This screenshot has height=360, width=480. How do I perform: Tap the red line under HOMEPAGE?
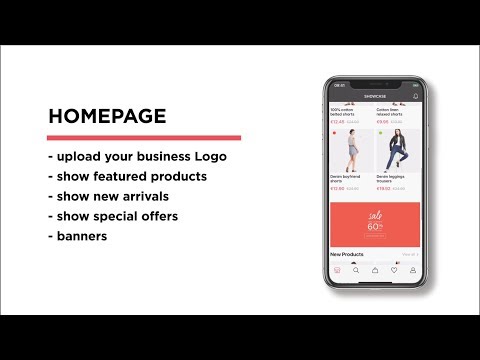tap(144, 138)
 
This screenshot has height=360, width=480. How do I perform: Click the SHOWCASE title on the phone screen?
tap(375, 96)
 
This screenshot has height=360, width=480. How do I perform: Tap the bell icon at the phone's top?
tap(415, 96)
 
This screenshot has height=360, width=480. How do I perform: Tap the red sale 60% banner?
tap(375, 224)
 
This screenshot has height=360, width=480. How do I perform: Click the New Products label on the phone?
tap(348, 255)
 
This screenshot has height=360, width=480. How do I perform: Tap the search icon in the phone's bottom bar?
tap(356, 270)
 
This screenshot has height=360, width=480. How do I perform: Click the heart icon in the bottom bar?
tap(394, 270)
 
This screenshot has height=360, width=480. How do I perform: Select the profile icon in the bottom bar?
tap(412, 270)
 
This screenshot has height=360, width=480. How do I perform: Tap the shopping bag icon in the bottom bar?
tap(375, 270)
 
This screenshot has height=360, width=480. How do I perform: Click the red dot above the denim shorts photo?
tap(334, 132)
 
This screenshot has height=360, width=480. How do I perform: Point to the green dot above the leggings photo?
tap(380, 132)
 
